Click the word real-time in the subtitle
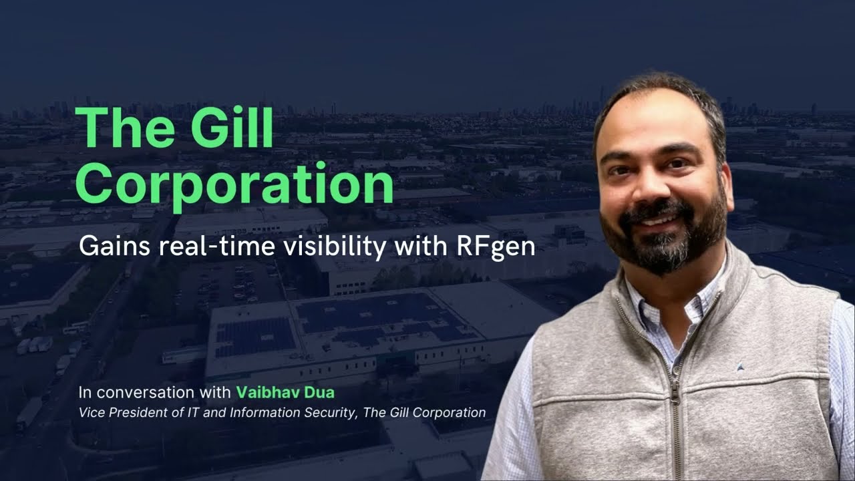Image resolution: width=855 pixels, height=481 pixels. coord(212,247)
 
